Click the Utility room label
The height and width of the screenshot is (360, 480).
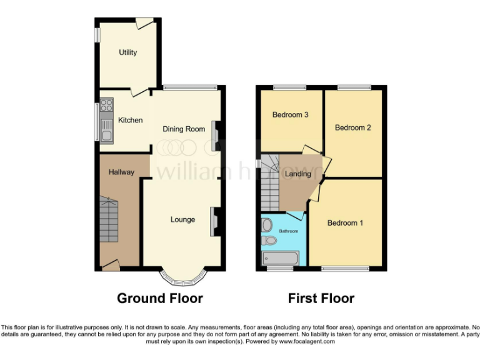(x=128, y=52)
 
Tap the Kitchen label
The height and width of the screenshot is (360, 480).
(x=131, y=120)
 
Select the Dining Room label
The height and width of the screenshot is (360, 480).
(x=184, y=129)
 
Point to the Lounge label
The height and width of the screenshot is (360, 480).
(x=183, y=219)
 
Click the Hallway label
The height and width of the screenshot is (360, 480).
(x=121, y=172)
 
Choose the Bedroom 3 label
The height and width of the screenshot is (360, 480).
(x=291, y=115)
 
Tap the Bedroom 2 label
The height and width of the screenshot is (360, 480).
(x=353, y=127)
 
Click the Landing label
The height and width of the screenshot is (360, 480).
(x=297, y=174)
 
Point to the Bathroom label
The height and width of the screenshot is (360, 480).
(x=288, y=231)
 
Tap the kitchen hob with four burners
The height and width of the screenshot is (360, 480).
(x=106, y=106)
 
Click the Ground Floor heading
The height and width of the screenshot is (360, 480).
(x=160, y=299)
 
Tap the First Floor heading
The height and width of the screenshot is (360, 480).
(x=321, y=299)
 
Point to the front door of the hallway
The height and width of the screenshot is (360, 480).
(x=111, y=266)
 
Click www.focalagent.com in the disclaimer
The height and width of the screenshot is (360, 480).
(x=307, y=342)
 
